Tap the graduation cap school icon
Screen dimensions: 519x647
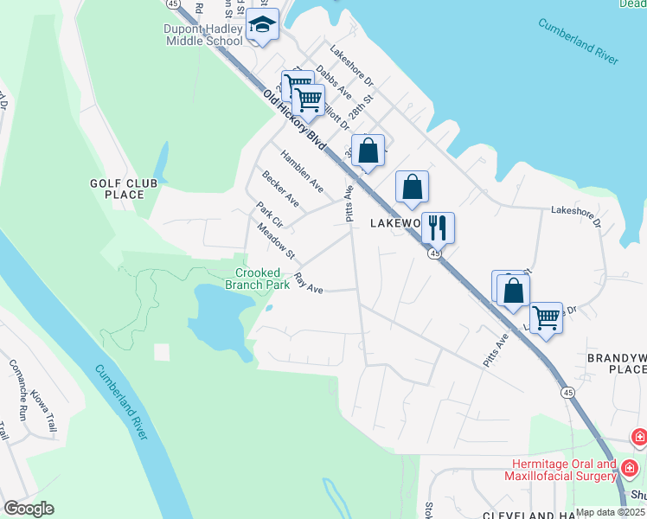[262, 26]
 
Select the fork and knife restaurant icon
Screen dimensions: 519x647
[438, 227]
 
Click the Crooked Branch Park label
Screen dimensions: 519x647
[258, 278]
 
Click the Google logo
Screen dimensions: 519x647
[29, 509]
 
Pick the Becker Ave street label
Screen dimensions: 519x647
[281, 190]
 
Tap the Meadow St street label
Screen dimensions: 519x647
[276, 241]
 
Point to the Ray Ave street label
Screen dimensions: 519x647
[308, 284]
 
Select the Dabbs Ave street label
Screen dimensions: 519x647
[333, 81]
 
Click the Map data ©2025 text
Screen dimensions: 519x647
[610, 512]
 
